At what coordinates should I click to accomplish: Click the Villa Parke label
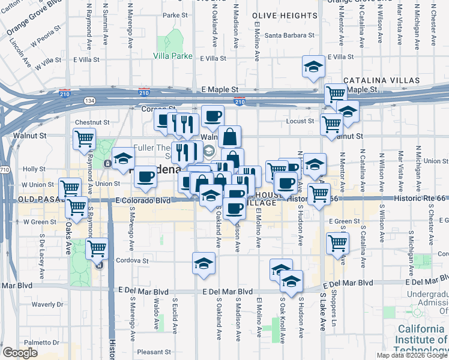(172, 56)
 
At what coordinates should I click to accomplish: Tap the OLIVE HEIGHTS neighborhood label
(280, 14)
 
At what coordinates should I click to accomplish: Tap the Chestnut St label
(92, 122)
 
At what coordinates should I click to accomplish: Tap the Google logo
(20, 353)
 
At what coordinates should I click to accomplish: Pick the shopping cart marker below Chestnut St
(85, 139)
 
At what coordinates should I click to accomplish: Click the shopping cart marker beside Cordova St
(97, 248)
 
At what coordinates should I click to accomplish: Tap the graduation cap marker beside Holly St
(122, 159)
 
